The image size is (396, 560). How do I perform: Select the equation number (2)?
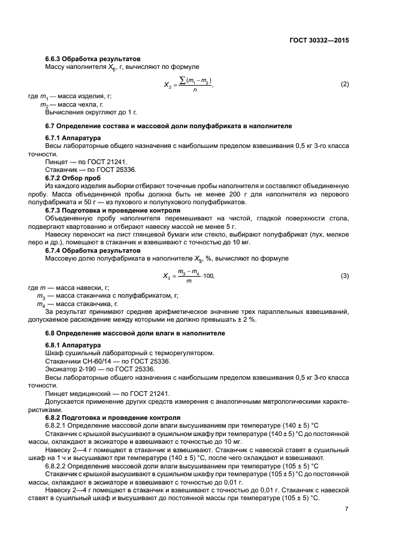[344, 84]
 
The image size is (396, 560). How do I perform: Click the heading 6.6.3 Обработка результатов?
[93, 59]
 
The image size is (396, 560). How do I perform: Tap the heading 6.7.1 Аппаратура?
[73, 138]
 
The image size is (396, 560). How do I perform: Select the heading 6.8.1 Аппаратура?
[73, 344]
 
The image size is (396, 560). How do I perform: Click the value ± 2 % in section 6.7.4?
[245, 319]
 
